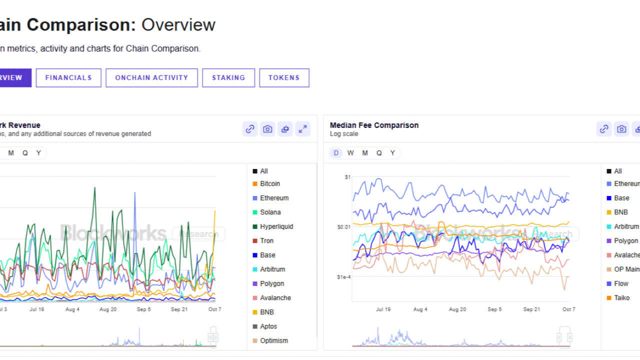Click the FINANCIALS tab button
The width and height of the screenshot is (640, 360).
[x=68, y=78]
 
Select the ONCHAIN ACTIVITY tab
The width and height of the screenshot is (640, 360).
[x=151, y=78]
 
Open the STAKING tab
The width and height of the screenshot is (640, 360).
[x=228, y=78]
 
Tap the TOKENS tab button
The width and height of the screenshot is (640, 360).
[x=284, y=78]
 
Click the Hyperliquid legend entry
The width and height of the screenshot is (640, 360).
[x=276, y=226]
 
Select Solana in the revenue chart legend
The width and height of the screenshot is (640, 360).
[x=270, y=212]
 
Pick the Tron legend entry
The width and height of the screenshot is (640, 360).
[x=267, y=241]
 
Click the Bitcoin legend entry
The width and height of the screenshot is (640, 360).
[x=269, y=184]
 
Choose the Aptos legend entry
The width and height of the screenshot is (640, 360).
[x=268, y=326]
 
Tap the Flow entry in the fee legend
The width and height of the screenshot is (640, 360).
[x=621, y=283]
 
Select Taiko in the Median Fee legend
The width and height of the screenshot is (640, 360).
[x=621, y=298]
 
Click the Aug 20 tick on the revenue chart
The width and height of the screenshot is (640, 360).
[x=108, y=309]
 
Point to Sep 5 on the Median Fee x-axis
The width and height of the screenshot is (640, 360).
[x=494, y=309]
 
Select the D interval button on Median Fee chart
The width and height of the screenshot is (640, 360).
[x=336, y=153]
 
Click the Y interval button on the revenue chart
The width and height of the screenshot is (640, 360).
[x=38, y=153]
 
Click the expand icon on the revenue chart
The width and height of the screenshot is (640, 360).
[x=302, y=129]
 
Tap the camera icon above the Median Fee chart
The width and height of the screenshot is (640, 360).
[x=621, y=129]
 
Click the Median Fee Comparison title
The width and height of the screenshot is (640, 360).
[x=374, y=125]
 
